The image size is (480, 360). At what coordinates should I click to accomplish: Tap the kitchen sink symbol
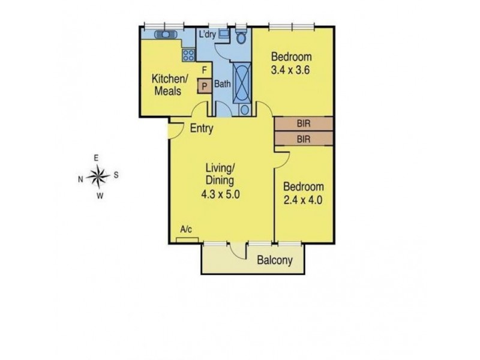[x=166, y=34]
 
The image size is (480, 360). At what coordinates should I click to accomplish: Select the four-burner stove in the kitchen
[x=188, y=55]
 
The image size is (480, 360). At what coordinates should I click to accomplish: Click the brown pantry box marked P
[x=205, y=86]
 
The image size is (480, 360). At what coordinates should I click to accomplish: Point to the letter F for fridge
[x=205, y=70]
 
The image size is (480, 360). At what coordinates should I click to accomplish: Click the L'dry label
[x=208, y=34]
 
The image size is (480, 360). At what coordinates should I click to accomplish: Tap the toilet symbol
[x=241, y=37]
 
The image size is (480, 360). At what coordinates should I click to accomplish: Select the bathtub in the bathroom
[x=242, y=83]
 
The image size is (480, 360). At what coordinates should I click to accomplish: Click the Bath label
[x=223, y=83]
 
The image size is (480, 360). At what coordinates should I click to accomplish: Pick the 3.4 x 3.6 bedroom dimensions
[x=290, y=70]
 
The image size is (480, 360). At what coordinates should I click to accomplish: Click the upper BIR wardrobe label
[x=304, y=124]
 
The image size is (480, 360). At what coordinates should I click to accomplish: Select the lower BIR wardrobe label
[x=304, y=139]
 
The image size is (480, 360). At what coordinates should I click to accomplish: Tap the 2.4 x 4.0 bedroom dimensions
[x=303, y=200]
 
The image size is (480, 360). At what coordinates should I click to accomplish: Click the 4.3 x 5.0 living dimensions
[x=220, y=194]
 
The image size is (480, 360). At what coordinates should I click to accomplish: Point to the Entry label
[x=202, y=128]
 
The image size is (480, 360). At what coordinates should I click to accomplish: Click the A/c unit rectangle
[x=187, y=241]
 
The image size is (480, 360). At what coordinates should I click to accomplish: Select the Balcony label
[x=275, y=260]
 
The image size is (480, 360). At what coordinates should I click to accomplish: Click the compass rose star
[x=98, y=176]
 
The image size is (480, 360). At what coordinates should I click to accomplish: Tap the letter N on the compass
[x=80, y=179]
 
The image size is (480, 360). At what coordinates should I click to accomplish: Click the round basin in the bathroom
[x=245, y=110]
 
